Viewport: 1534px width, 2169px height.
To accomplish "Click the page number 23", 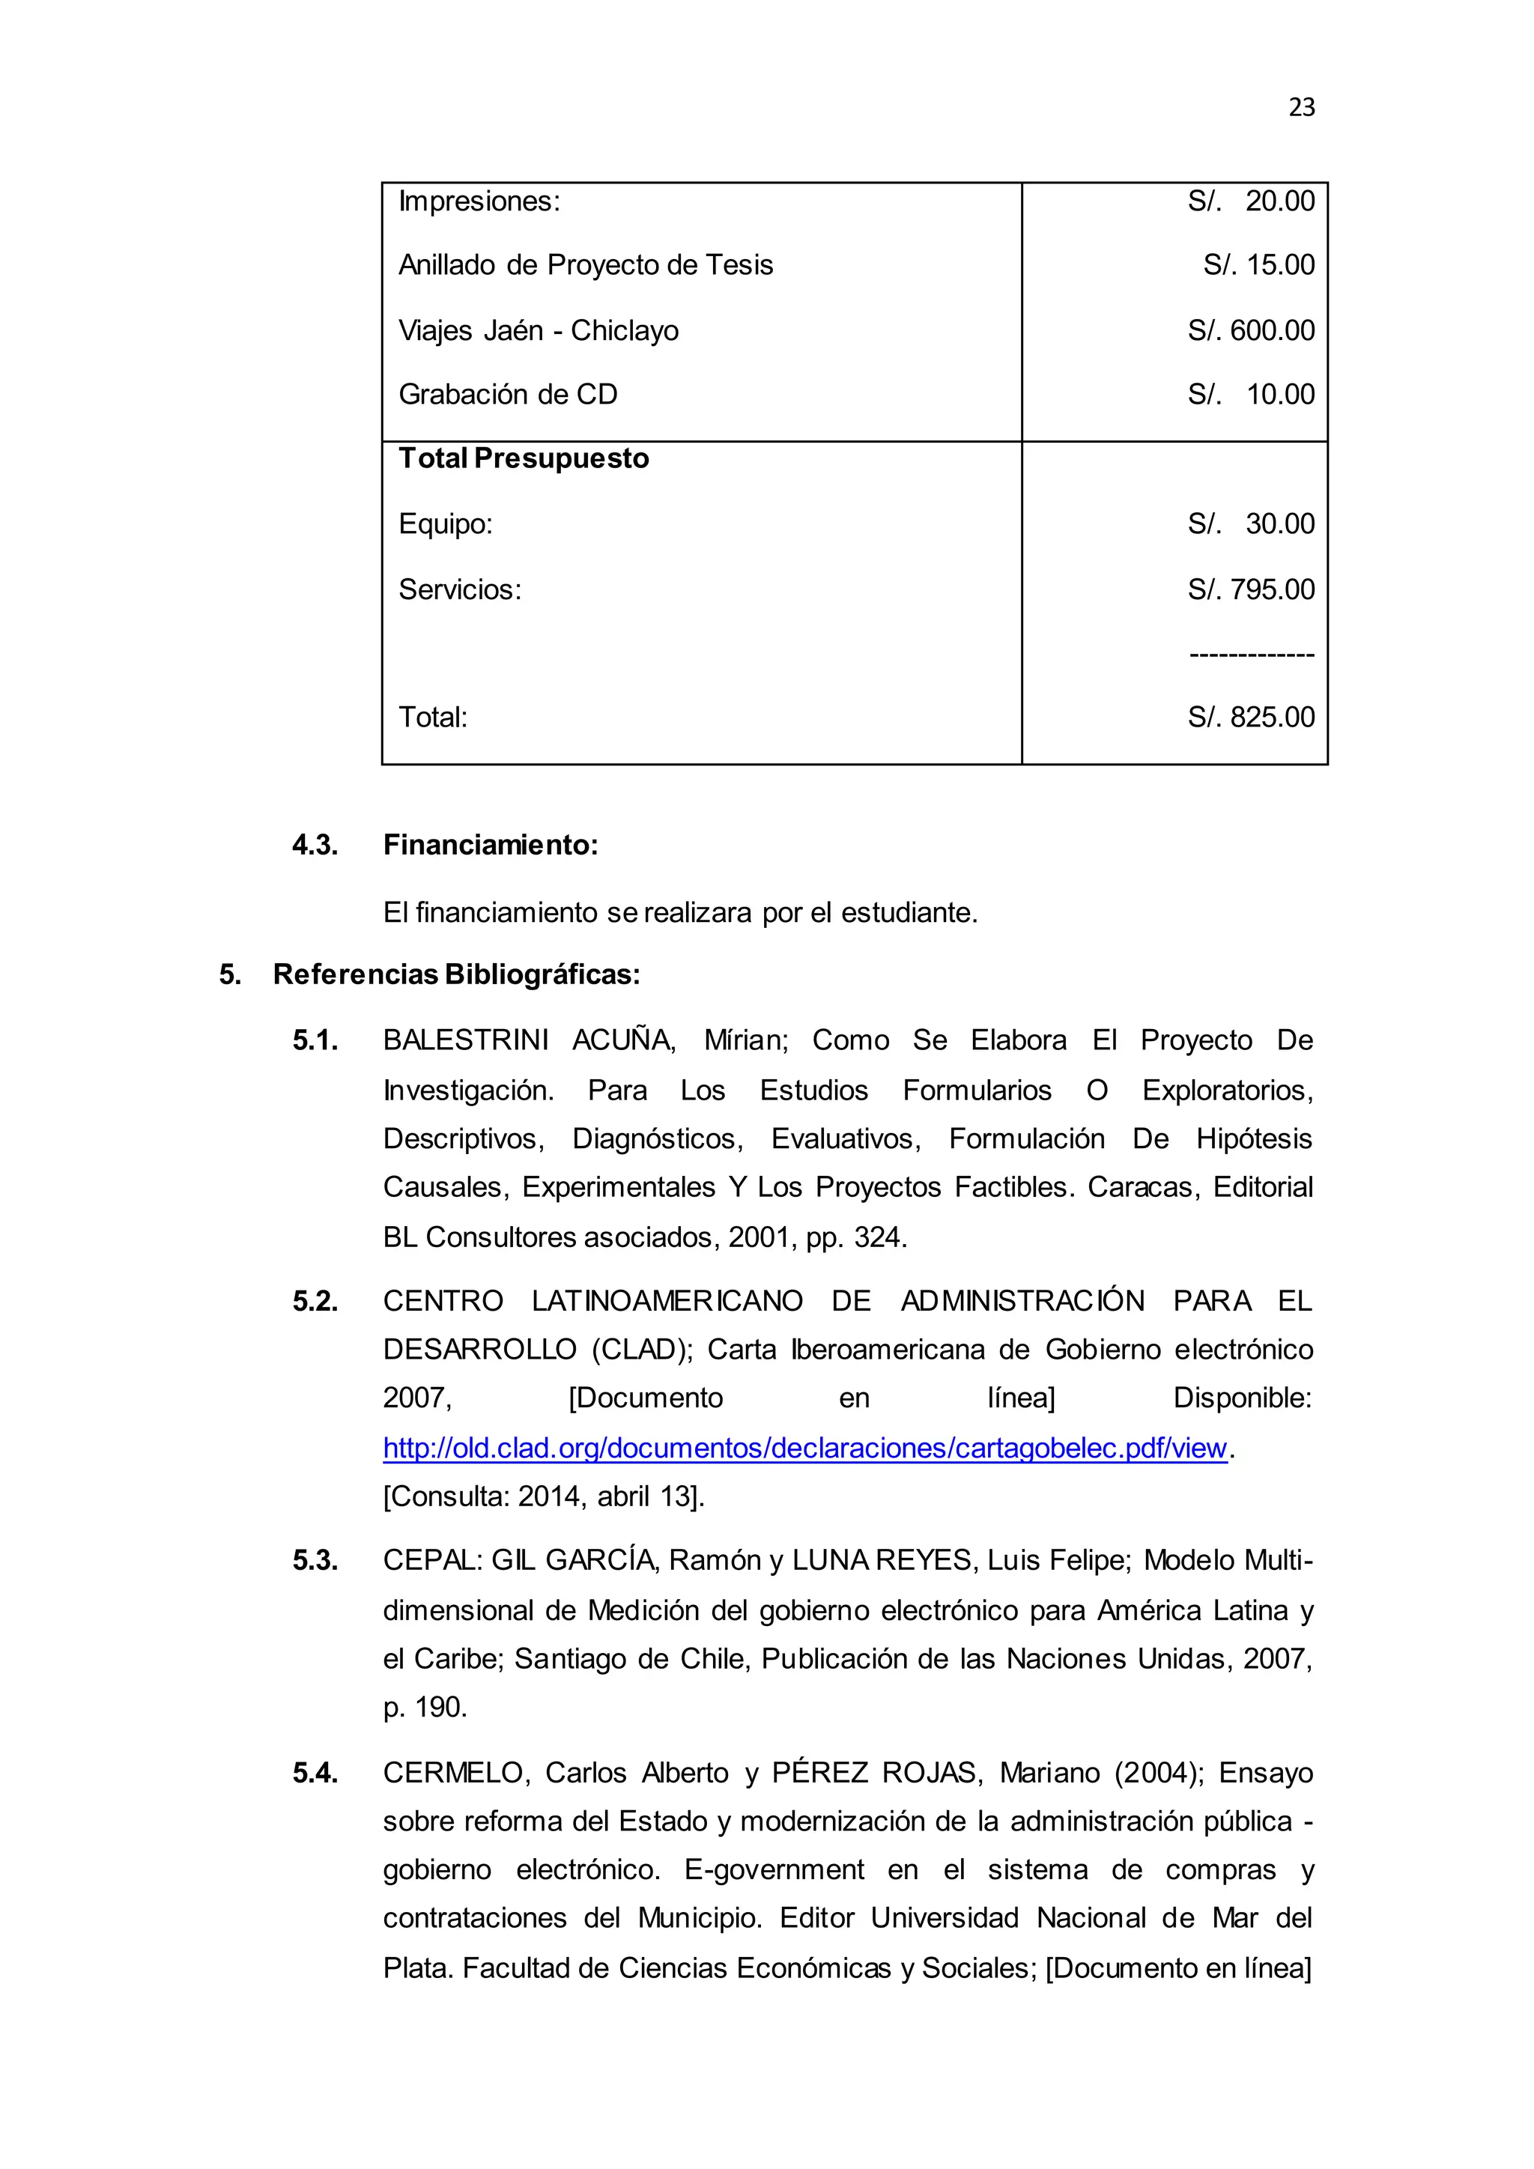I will pyautogui.click(x=1301, y=108).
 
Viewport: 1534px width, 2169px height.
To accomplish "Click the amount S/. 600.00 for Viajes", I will pyautogui.click(x=1251, y=330).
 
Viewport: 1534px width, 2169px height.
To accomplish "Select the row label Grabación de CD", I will pyautogui.click(x=507, y=394).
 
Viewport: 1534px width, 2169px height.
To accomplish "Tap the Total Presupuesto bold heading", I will pyautogui.click(x=524, y=458).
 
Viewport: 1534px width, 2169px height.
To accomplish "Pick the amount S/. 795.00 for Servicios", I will pyautogui.click(x=1251, y=589).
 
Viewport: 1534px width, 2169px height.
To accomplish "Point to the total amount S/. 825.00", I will pyautogui.click(x=1251, y=717).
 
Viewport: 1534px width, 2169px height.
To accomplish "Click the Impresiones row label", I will pyautogui.click(x=479, y=201).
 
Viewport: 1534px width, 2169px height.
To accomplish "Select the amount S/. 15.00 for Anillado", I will pyautogui.click(x=1258, y=265).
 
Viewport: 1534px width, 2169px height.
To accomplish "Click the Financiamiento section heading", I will pyautogui.click(x=491, y=845).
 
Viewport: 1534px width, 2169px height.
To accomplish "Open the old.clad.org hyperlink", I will pyautogui.click(x=804, y=1448).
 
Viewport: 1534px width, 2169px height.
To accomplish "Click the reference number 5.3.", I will pyautogui.click(x=315, y=1561).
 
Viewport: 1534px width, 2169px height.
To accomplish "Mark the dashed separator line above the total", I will pyautogui.click(x=1251, y=654).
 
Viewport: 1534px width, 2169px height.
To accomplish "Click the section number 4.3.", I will pyautogui.click(x=315, y=845).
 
